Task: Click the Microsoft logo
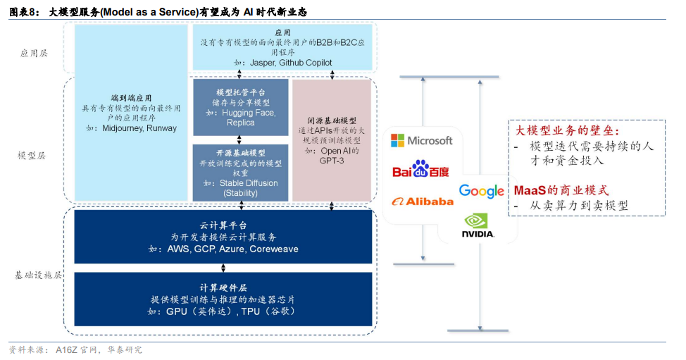(x=422, y=140)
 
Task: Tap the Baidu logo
(x=420, y=171)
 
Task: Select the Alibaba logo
(x=423, y=201)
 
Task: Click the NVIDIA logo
(x=478, y=225)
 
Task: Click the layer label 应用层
(x=33, y=54)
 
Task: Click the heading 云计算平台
(x=223, y=225)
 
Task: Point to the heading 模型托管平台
(x=240, y=92)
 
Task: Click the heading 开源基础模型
(x=240, y=153)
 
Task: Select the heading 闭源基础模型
(x=332, y=121)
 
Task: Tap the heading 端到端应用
(x=131, y=99)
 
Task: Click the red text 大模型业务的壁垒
(x=567, y=131)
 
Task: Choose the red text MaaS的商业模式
(x=561, y=190)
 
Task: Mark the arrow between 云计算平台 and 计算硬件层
(x=223, y=268)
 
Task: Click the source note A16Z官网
(x=79, y=350)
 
